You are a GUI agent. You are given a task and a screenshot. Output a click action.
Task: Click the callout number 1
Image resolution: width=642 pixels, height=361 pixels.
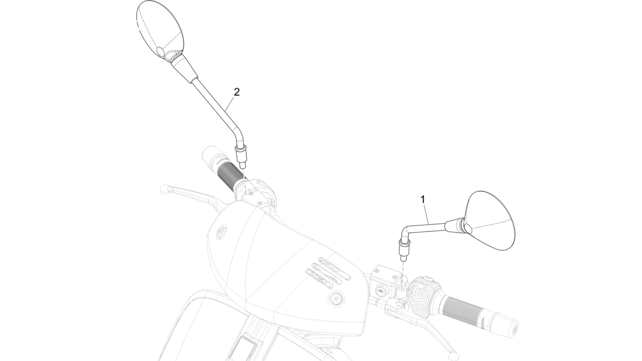(423, 199)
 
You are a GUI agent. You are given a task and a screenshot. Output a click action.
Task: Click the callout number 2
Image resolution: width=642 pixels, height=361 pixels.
(237, 92)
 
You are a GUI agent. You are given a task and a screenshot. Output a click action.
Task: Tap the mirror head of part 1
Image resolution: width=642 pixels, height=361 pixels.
(489, 220)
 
